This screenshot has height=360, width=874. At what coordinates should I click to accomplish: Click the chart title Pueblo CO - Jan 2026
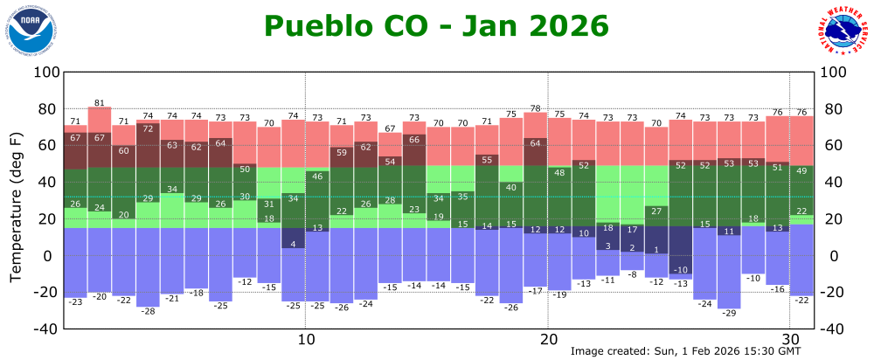pos(436,26)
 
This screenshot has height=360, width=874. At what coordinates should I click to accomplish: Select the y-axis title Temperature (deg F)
pos(16,208)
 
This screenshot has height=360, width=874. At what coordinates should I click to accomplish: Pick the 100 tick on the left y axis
pos(45,72)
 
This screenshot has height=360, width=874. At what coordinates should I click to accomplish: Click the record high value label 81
pos(100,103)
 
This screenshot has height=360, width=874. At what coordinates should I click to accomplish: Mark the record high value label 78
pos(535,108)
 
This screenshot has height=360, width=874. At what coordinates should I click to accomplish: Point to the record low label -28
pos(148,311)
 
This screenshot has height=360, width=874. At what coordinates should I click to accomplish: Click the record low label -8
pos(632,274)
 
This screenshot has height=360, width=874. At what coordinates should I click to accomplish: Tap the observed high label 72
pos(148,128)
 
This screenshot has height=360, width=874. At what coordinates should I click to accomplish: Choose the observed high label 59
pos(342,152)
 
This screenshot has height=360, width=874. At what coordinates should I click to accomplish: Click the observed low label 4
pos(294,244)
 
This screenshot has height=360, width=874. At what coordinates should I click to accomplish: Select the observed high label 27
pos(655,211)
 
